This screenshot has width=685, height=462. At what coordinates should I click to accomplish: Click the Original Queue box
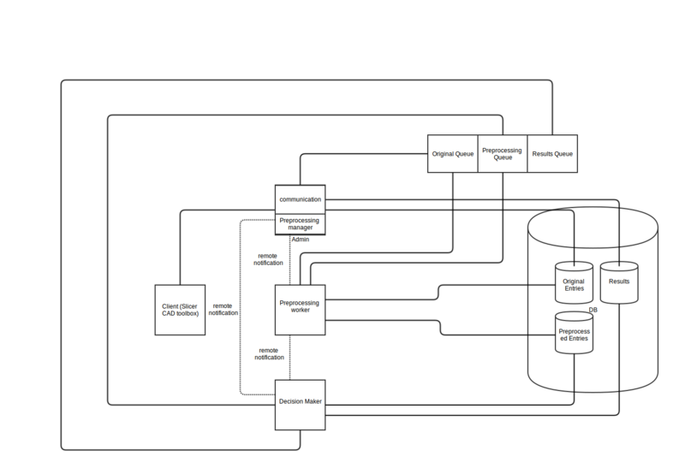point(451,154)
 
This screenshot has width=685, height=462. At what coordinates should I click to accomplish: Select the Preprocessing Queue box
point(501,154)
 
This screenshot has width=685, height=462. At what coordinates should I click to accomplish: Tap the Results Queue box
point(551,154)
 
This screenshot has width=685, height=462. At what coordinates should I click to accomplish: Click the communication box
point(300,199)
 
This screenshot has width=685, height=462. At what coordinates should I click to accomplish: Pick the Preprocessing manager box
point(300,224)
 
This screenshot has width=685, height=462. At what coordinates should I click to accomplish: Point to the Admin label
point(301,240)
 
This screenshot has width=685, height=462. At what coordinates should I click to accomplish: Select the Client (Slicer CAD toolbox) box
point(180,309)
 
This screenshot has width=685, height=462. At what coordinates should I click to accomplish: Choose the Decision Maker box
point(300,401)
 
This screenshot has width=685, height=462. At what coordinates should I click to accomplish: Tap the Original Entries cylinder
point(573,283)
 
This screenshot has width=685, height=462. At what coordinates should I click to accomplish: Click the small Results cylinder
point(619,281)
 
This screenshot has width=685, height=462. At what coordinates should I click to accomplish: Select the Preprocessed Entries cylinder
point(573,335)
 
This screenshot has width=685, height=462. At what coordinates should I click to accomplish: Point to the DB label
point(593,310)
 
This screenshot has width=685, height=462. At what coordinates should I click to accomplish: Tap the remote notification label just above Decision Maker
point(268,354)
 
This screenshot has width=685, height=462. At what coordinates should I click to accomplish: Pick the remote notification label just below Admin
point(268,259)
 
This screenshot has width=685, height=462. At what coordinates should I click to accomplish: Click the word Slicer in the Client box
point(189,305)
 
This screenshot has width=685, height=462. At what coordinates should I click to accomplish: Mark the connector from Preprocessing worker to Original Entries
point(438,293)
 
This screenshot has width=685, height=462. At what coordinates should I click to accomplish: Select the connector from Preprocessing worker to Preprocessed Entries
point(440,328)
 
